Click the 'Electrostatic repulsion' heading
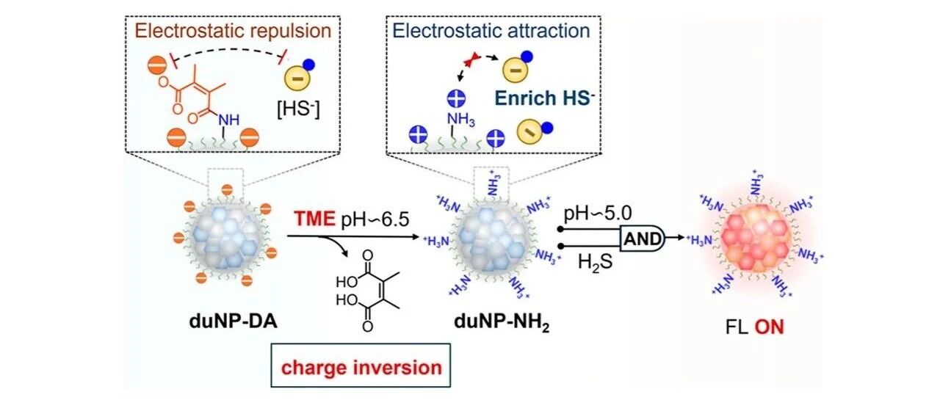(233, 31)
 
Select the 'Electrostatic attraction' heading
(491, 31)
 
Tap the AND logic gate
(642, 239)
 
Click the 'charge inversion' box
(361, 366)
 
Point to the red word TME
(314, 219)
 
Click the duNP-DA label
(234, 322)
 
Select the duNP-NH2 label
(502, 323)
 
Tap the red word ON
(769, 327)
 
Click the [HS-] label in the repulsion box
(298, 109)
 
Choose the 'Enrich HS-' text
(545, 98)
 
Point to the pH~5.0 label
(598, 214)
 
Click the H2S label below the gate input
(595, 262)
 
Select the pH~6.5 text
(375, 219)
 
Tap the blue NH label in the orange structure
(228, 120)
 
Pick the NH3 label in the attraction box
(460, 120)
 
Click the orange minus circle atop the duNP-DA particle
(227, 190)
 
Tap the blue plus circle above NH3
(456, 99)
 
